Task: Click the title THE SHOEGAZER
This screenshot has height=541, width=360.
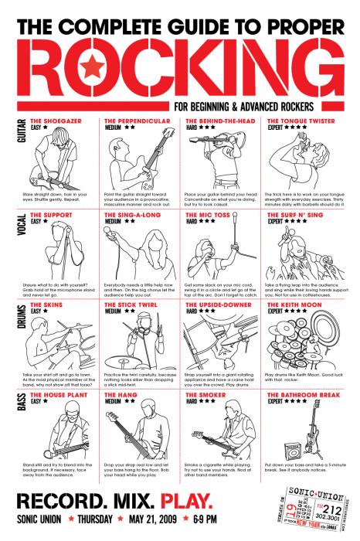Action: pos(56,121)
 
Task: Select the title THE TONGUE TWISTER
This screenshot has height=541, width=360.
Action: pos(302,121)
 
